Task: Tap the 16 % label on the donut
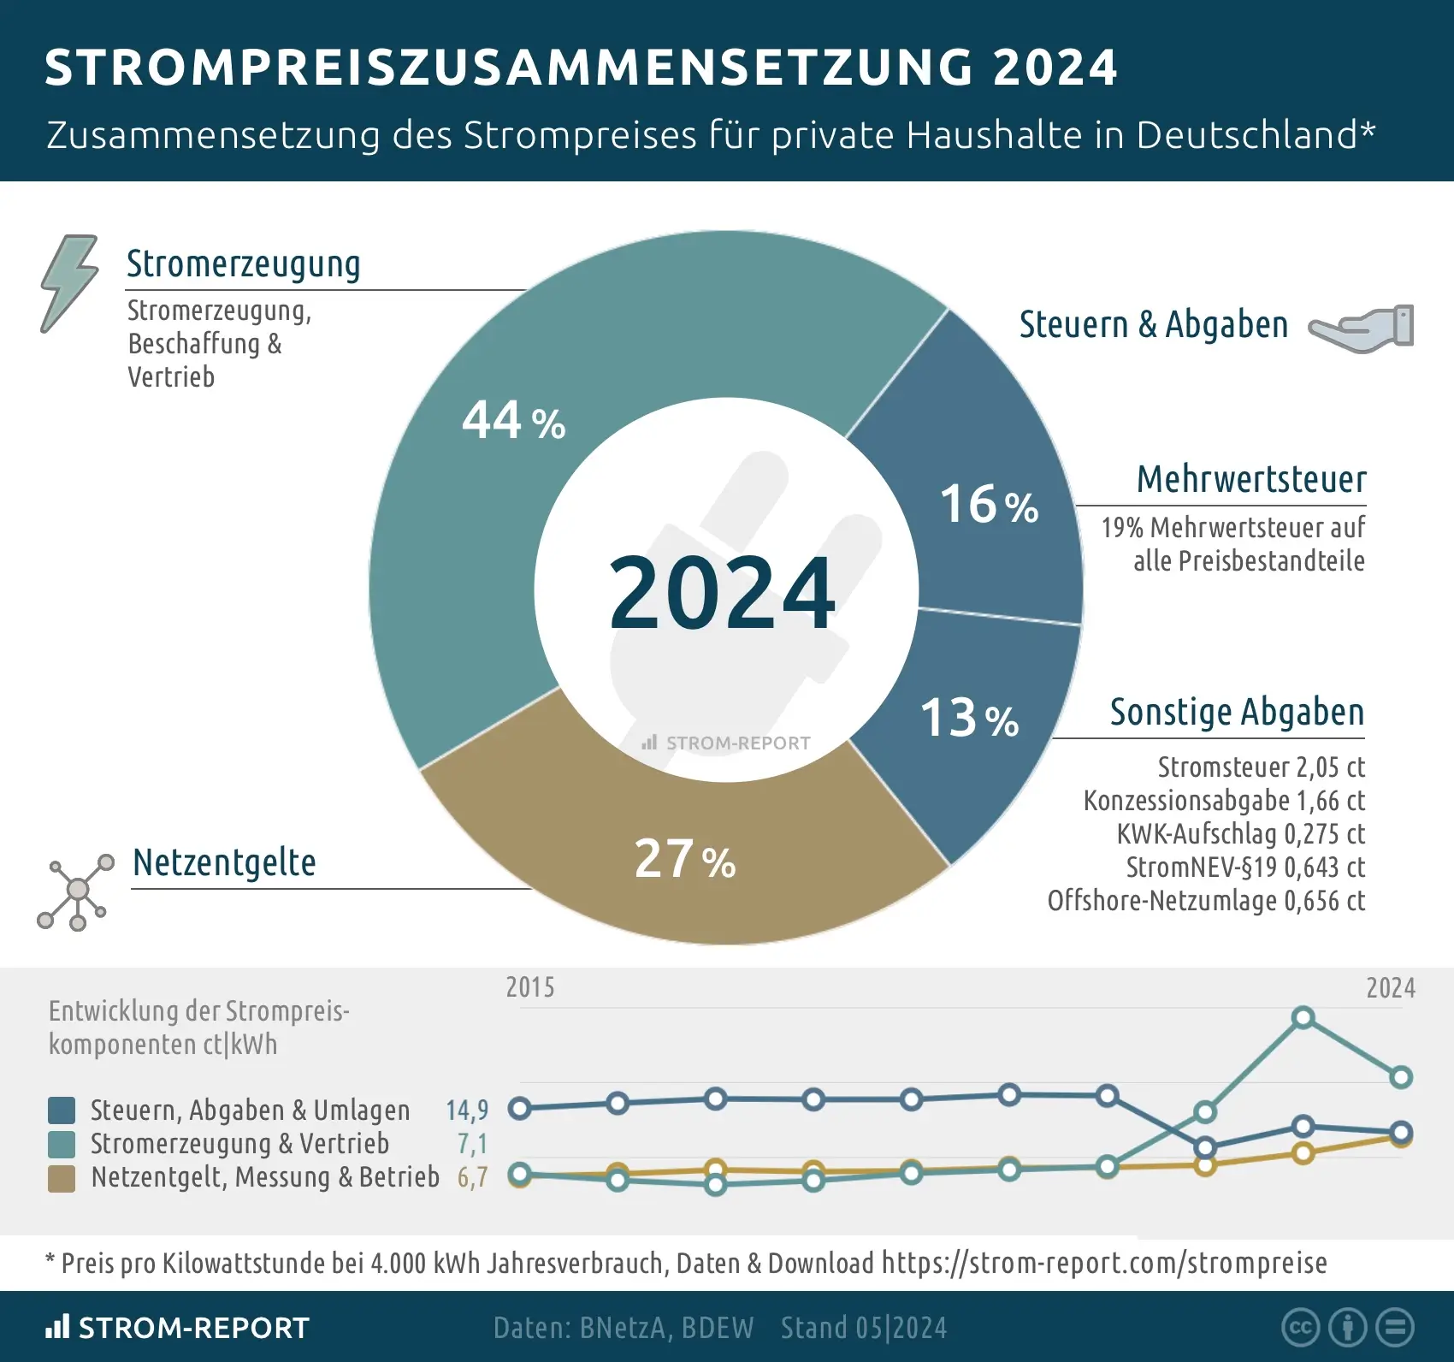tap(989, 504)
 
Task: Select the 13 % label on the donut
tap(969, 718)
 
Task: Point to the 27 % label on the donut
tap(684, 859)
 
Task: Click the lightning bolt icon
tap(68, 283)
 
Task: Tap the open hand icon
tap(1362, 327)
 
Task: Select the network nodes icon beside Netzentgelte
tap(75, 891)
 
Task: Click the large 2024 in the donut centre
tap(722, 593)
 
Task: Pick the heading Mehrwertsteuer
tap(1250, 479)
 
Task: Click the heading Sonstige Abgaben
tap(1237, 712)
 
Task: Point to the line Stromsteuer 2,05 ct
tap(1261, 767)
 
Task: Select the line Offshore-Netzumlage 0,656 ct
tap(1206, 901)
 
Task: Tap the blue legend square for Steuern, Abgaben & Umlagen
tap(62, 1110)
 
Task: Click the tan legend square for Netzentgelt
tap(62, 1178)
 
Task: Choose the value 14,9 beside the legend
tap(467, 1110)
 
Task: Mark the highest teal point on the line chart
tap(1303, 1018)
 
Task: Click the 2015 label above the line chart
tap(530, 987)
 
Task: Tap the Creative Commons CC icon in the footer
tap(1300, 1327)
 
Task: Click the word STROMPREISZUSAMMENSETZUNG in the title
tap(509, 67)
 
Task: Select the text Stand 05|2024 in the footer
tap(864, 1328)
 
